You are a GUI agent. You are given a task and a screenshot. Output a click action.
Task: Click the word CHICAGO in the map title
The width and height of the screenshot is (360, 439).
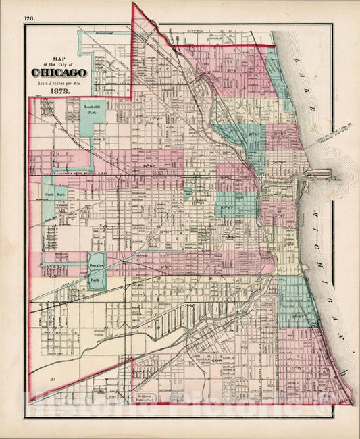(58, 72)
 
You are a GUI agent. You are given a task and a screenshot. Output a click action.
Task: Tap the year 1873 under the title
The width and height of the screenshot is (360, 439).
(58, 91)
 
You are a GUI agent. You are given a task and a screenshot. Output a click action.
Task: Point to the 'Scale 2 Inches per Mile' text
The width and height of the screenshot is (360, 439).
(58, 83)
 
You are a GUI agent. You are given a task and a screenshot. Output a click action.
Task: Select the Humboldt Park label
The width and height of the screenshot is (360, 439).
(91, 110)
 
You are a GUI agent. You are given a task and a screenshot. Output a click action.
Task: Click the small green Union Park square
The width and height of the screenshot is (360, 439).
(188, 193)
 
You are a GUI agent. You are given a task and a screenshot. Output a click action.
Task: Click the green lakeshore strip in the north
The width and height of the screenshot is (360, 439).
(276, 74)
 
